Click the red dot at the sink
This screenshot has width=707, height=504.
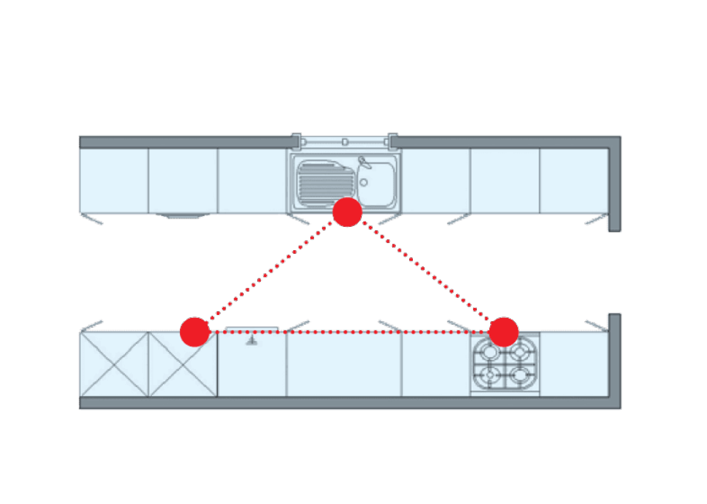point(347,212)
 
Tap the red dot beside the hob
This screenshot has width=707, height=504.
point(503,331)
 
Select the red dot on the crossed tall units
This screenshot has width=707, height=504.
point(195,331)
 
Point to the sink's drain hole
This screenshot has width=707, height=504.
point(364,183)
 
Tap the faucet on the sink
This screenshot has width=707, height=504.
point(365,163)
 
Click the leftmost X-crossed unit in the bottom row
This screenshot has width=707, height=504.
point(113,364)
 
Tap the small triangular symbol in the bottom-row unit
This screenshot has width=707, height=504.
point(252,339)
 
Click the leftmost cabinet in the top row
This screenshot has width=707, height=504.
point(113,181)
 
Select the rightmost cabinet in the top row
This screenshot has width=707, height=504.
point(573,181)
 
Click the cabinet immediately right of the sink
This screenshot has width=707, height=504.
point(436,181)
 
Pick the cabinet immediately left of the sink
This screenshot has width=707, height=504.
point(253,181)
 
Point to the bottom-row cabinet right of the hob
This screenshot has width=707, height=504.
point(573,364)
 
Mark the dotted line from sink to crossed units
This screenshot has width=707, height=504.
point(270,272)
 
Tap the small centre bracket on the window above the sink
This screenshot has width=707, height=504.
point(345,142)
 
